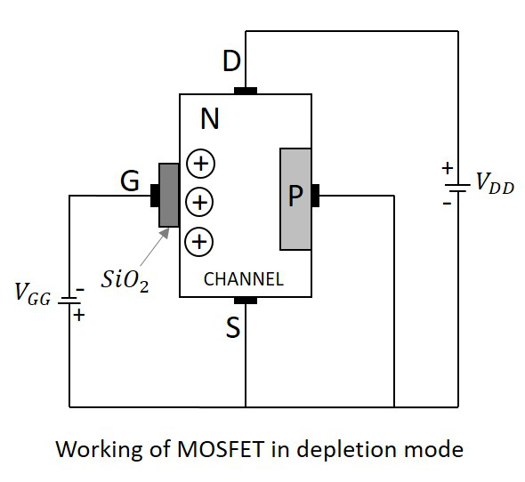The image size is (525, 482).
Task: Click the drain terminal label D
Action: (230, 63)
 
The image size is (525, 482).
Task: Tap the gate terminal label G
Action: (130, 182)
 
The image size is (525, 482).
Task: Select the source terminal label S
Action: (233, 329)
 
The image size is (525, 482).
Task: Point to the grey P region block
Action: (295, 198)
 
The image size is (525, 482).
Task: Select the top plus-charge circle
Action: (199, 164)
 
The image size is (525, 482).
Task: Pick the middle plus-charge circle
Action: (199, 202)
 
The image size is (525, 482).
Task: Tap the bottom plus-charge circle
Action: (199, 240)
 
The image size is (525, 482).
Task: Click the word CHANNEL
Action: (244, 279)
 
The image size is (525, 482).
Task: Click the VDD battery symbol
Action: (457, 188)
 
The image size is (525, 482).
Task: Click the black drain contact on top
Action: (246, 91)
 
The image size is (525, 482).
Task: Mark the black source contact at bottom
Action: (246, 301)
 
